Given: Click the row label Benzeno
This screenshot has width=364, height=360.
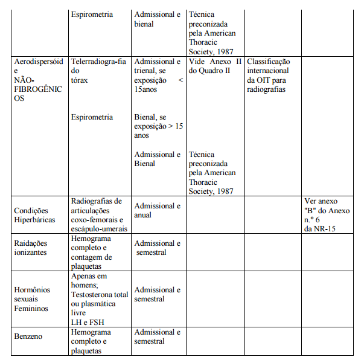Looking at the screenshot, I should [x=28, y=336].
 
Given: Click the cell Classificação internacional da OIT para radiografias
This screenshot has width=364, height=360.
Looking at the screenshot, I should [x=269, y=75].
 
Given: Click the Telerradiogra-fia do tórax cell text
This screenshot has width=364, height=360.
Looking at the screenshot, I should [x=98, y=70].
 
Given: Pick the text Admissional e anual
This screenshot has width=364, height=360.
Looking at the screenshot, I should [x=157, y=210].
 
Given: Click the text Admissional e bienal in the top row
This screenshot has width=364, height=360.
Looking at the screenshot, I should [x=157, y=19].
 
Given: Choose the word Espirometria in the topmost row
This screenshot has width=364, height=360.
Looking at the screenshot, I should [x=92, y=14].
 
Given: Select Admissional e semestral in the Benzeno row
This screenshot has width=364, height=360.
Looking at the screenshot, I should [x=157, y=336].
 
